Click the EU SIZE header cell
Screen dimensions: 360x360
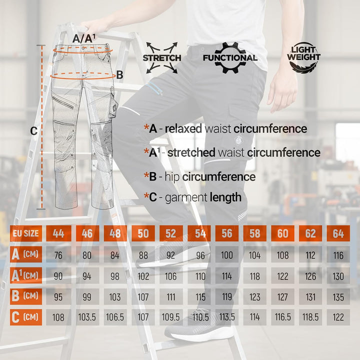(26, 233)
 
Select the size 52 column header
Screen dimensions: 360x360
(171, 233)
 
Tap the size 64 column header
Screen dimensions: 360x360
(338, 233)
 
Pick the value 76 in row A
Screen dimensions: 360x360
(58, 254)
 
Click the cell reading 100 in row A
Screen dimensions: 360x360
(227, 254)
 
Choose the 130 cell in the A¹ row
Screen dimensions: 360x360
(338, 275)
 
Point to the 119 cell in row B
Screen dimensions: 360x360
(227, 296)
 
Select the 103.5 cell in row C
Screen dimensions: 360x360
(87, 317)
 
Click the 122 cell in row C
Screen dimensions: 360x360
(338, 317)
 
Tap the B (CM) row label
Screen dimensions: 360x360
(26, 296)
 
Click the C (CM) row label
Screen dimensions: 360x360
(26, 317)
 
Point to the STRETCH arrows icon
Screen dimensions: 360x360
(162, 57)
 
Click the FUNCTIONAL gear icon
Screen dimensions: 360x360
(230, 57)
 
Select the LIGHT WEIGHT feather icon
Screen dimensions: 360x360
(303, 57)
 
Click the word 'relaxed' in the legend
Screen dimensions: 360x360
(183, 128)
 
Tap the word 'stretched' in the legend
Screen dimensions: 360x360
(191, 152)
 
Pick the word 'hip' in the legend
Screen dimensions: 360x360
(172, 177)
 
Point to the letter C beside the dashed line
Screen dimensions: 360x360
(34, 131)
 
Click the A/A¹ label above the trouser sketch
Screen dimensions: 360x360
(84, 38)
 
